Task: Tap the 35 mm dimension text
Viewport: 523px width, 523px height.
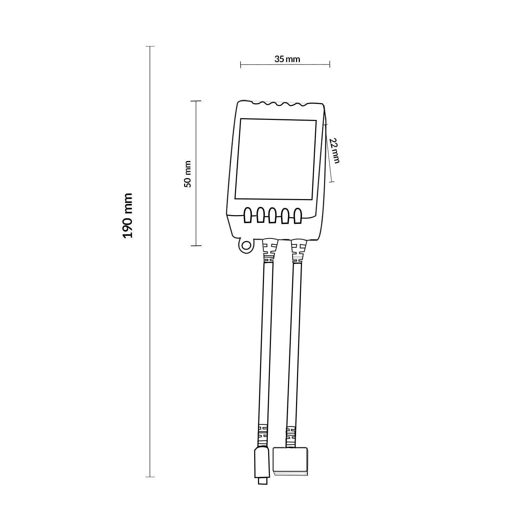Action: point(287,59)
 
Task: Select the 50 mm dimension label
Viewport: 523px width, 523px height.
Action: point(188,174)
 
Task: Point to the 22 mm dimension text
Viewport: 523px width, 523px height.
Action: point(334,151)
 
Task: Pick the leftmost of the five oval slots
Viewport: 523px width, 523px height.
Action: point(248,215)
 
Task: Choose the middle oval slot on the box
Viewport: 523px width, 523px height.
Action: point(273,216)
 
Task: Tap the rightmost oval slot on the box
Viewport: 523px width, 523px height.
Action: point(297,216)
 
